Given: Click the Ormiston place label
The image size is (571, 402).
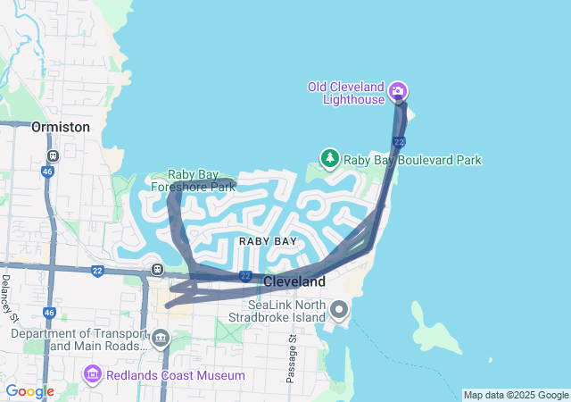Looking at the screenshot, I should (x=61, y=127).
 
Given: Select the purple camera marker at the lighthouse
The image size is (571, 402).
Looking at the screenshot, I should (x=398, y=90).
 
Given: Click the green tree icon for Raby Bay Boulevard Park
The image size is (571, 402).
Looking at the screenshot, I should (x=330, y=159).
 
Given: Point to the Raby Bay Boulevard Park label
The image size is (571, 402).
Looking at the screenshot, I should (x=412, y=160).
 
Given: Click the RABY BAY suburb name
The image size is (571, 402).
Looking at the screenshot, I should (x=267, y=241).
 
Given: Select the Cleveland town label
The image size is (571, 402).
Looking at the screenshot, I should (x=294, y=281).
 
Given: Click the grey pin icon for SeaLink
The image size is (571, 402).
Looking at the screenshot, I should (x=339, y=310).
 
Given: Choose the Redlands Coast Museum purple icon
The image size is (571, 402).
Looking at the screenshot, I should (x=93, y=373).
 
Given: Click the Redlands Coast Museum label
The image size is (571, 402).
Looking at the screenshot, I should (x=175, y=375).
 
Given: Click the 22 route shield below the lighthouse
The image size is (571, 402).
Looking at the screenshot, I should (x=398, y=142).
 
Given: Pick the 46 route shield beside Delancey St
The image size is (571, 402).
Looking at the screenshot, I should (x=49, y=313).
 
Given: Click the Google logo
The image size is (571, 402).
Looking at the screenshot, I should (x=29, y=391).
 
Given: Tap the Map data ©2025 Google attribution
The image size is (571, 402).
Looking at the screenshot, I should (x=516, y=395).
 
